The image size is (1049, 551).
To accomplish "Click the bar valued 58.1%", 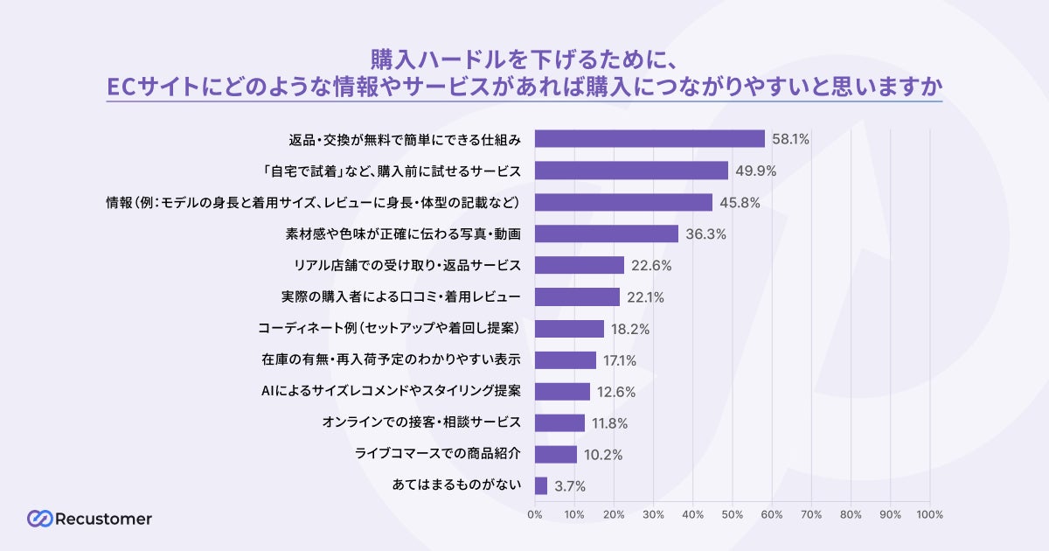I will click(650, 139).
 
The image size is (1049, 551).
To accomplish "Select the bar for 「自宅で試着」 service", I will click(631, 171).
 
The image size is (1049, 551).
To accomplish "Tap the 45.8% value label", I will click(739, 203).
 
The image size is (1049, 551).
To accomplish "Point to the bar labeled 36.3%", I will click(607, 234).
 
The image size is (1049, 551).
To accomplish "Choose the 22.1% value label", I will click(645, 297).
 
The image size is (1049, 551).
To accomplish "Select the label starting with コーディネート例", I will click(390, 329).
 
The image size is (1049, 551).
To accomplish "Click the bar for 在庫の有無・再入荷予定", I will click(566, 360).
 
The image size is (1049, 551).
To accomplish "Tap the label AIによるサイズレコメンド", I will click(392, 392).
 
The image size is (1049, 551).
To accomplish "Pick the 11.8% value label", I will click(610, 423).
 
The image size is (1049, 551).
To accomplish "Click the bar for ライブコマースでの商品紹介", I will click(556, 455).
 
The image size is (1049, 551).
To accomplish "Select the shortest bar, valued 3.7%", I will click(541, 486).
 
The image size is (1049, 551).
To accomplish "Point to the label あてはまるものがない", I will click(458, 486).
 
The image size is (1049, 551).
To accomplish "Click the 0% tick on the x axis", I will click(535, 514).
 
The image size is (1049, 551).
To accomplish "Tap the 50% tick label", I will click(733, 514).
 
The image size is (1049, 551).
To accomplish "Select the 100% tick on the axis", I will click(929, 514).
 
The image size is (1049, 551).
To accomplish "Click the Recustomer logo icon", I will click(39, 519).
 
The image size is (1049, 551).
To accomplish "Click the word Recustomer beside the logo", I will click(103, 519).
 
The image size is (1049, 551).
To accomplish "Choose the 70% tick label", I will click(811, 514).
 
